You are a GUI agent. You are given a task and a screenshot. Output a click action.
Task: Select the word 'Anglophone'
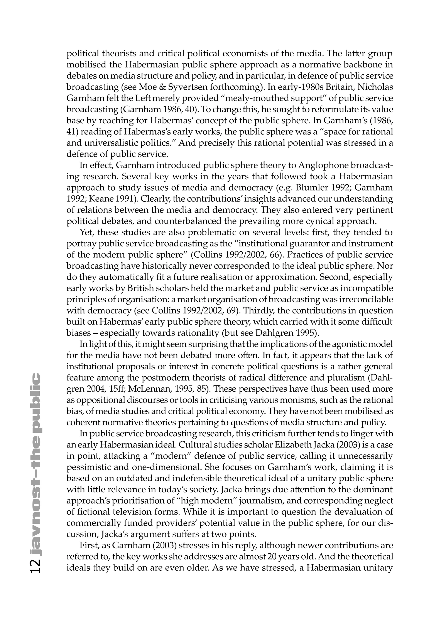click(323, 165)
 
